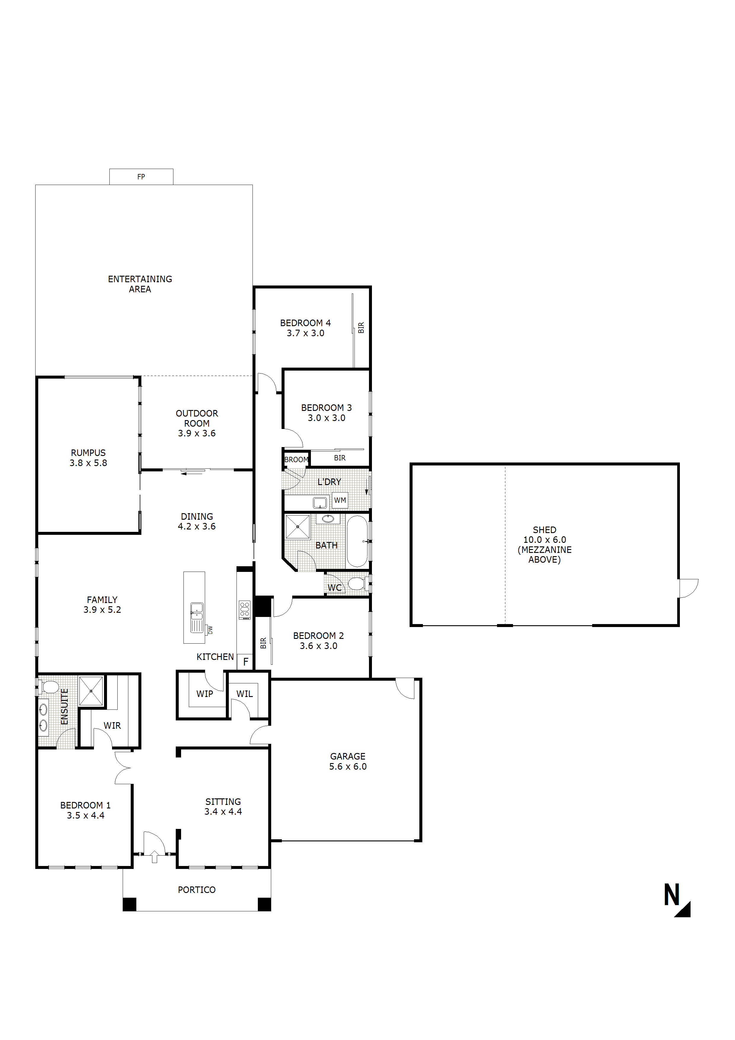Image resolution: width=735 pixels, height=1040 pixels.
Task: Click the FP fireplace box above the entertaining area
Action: (x=141, y=177)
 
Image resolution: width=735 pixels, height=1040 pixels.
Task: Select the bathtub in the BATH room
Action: (x=357, y=541)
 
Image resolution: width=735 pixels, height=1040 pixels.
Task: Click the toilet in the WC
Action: (x=358, y=584)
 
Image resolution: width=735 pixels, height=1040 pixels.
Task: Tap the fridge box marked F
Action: (x=245, y=662)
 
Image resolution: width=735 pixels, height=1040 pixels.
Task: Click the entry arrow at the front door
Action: (x=154, y=856)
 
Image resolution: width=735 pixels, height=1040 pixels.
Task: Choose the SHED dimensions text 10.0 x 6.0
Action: (x=544, y=540)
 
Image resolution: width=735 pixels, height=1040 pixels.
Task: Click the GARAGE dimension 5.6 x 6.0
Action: (x=348, y=766)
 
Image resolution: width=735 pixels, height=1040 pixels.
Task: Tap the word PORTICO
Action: (x=196, y=890)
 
